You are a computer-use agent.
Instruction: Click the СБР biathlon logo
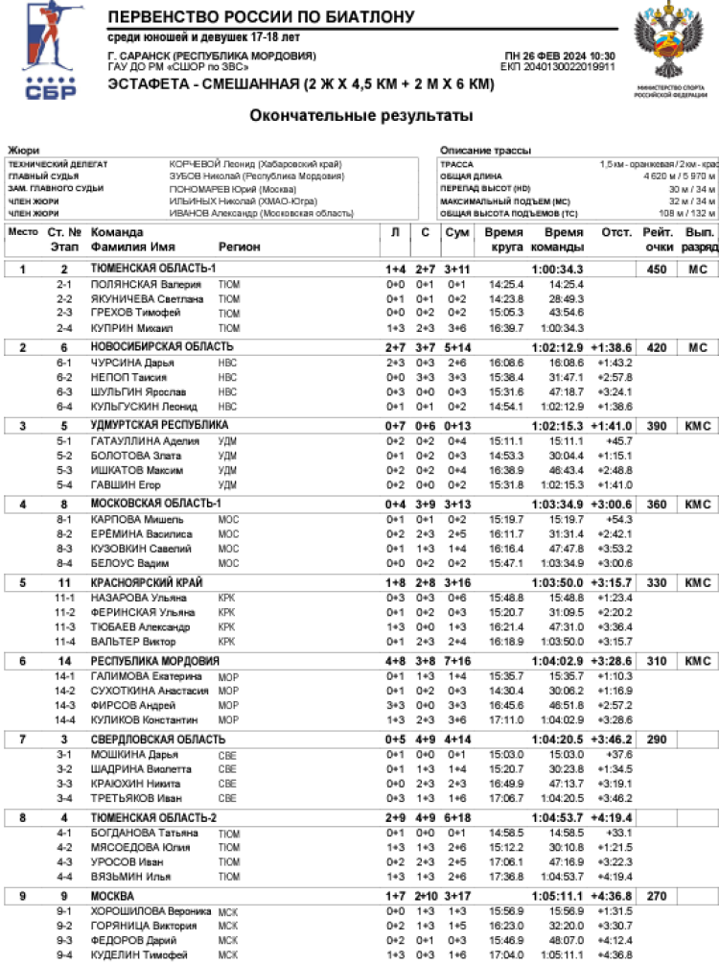(x=48, y=51)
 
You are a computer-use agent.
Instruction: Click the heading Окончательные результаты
(x=361, y=116)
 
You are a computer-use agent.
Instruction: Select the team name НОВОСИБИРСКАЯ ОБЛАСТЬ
(x=162, y=346)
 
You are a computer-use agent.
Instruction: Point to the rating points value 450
(x=657, y=269)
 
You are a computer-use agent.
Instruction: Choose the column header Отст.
(x=615, y=232)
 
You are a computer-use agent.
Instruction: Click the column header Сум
(x=457, y=232)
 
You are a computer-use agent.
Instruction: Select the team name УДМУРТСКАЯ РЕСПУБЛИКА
(x=159, y=425)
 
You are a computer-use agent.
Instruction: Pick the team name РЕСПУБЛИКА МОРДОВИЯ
(x=155, y=661)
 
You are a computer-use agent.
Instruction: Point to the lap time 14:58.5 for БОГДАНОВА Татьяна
(x=504, y=833)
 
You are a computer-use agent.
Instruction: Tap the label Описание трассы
(x=479, y=151)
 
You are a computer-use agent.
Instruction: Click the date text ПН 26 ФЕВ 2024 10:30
(x=560, y=57)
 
